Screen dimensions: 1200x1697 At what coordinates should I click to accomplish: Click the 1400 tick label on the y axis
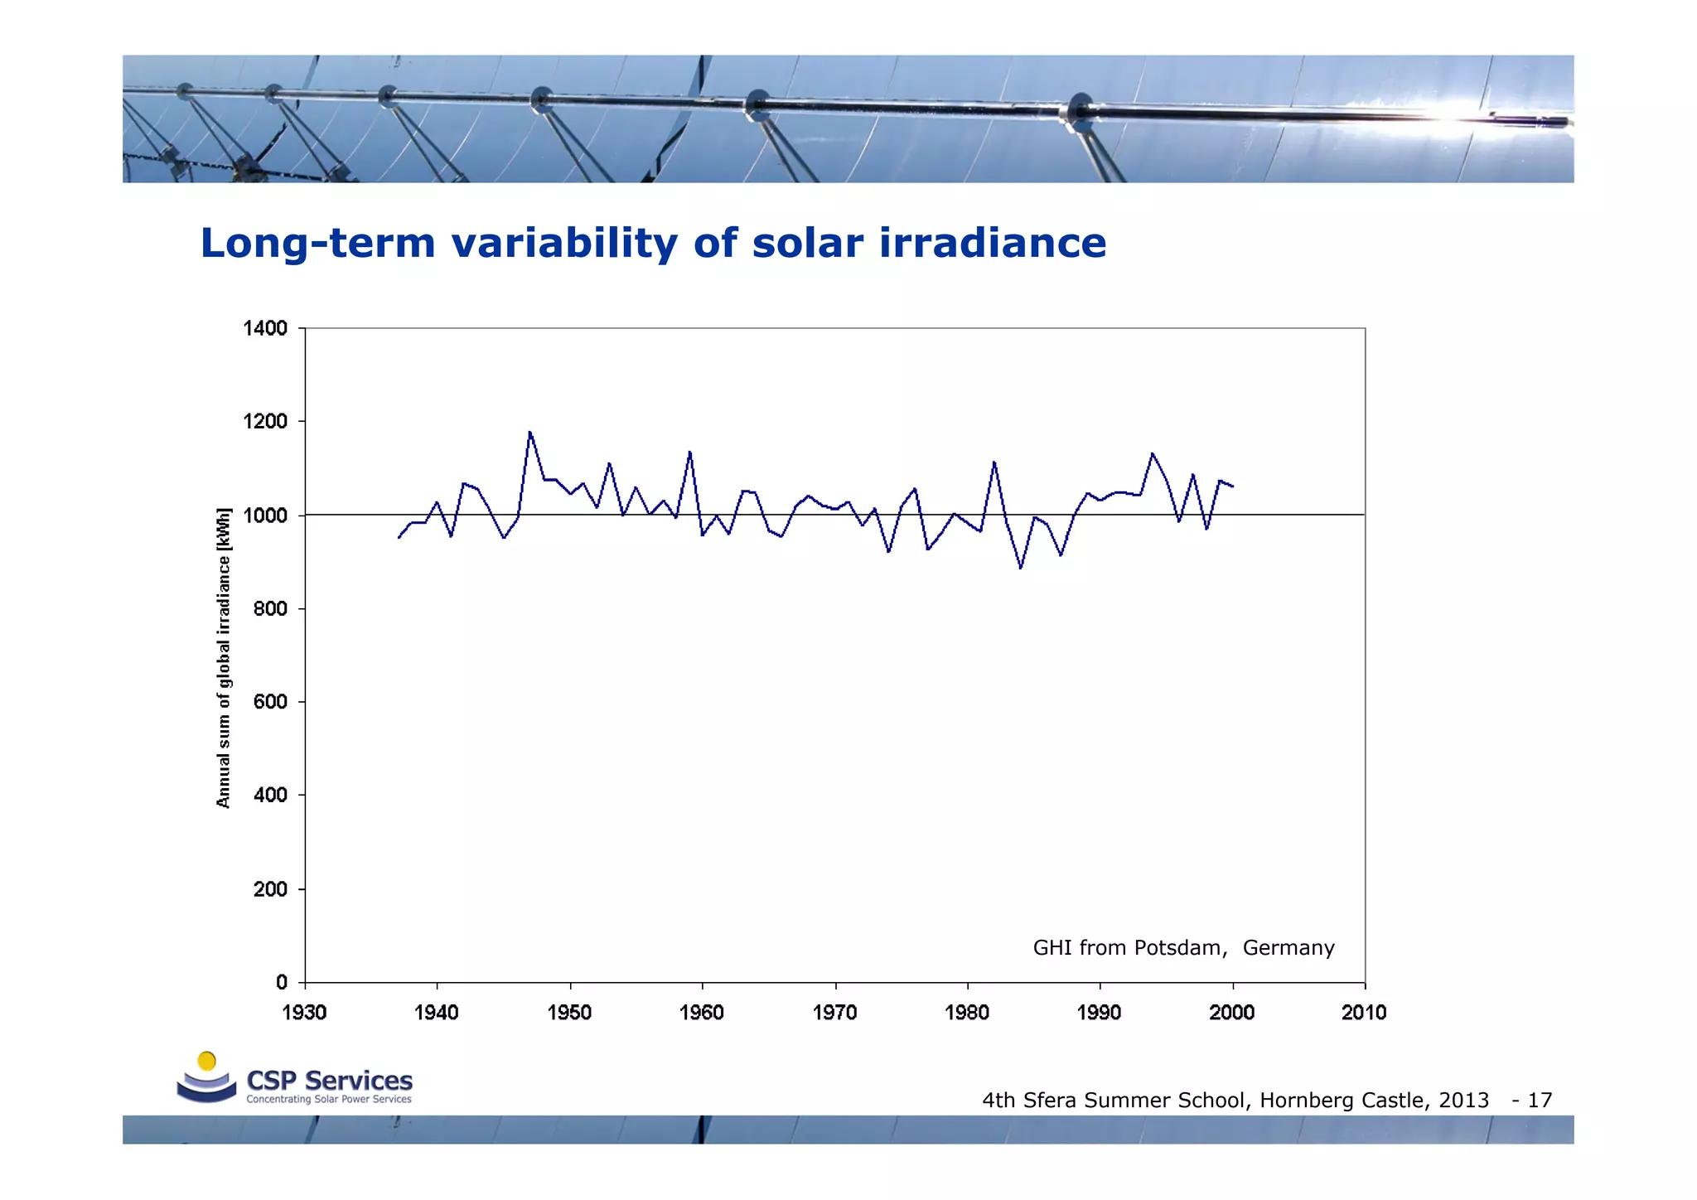264,329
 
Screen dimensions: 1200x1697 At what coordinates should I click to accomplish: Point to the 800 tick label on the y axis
270,609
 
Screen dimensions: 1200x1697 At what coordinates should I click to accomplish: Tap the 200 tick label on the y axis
270,889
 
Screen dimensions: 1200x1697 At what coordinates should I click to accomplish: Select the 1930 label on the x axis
304,1013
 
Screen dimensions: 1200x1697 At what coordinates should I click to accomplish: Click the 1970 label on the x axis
834,1013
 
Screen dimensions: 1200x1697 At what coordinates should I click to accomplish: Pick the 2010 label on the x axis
1364,1013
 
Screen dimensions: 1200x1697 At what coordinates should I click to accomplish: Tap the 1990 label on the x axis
1099,1013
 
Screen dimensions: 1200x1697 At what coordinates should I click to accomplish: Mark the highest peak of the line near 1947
529,432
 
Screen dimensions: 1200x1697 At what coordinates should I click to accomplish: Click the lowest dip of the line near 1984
1021,568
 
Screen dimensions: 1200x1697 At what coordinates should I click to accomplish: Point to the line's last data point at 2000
1233,486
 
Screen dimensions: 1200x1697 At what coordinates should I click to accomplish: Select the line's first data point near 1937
399,538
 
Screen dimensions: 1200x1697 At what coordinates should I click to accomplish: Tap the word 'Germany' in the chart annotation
1288,948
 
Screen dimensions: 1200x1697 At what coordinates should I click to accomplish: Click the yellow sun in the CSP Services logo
207,1062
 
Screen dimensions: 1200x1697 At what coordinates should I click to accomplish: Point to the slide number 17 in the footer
1540,1101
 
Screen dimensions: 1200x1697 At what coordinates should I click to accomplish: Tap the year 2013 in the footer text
1463,1101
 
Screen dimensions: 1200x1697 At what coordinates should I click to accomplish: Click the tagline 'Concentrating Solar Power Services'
329,1100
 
